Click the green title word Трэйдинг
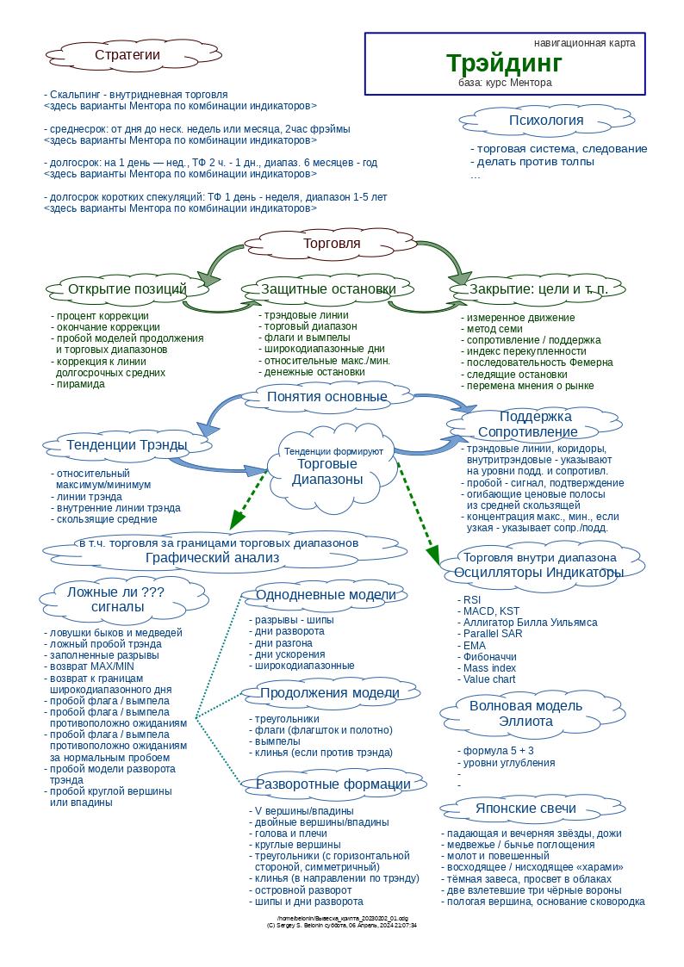[x=504, y=63]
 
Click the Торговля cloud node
[x=332, y=244]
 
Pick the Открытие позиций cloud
[x=127, y=289]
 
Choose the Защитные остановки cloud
[x=328, y=289]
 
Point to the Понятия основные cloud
[x=326, y=397]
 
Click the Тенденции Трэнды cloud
[x=127, y=445]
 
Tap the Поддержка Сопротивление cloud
[x=535, y=425]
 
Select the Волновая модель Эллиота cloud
[x=525, y=714]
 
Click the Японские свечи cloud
[x=525, y=809]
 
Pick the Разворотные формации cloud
[x=333, y=784]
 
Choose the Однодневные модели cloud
[x=326, y=595]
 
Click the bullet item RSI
[x=471, y=600]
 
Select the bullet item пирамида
[x=80, y=384]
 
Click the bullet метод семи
[x=494, y=329]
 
